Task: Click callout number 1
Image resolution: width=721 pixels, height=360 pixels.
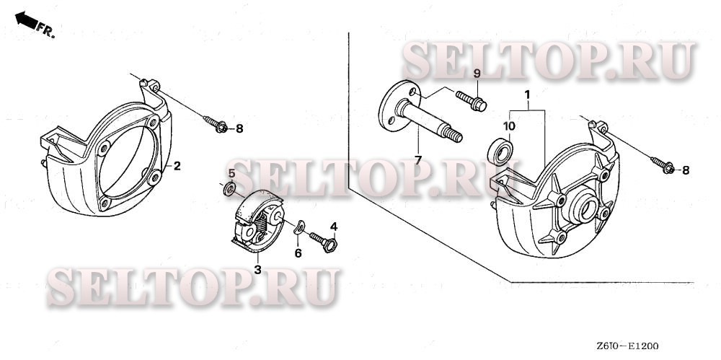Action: [528, 95]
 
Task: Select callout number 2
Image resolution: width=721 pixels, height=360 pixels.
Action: [177, 166]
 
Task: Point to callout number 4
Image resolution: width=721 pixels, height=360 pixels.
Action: [231, 173]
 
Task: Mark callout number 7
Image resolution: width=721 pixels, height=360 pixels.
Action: [476, 75]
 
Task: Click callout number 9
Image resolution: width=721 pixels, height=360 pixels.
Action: [508, 126]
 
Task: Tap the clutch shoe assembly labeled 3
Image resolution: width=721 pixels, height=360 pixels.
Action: [228, 189]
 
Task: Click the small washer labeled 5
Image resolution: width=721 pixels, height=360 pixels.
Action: [324, 241]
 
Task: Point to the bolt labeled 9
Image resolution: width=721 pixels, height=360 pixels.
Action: [500, 153]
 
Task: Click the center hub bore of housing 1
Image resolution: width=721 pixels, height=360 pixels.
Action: [240, 129]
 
